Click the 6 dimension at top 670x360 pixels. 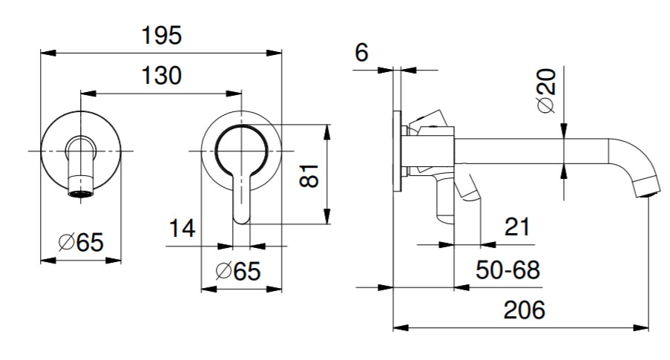click(361, 53)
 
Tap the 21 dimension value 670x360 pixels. click(516, 226)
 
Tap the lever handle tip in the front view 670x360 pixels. click(242, 215)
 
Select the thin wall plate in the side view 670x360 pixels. click(398, 151)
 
